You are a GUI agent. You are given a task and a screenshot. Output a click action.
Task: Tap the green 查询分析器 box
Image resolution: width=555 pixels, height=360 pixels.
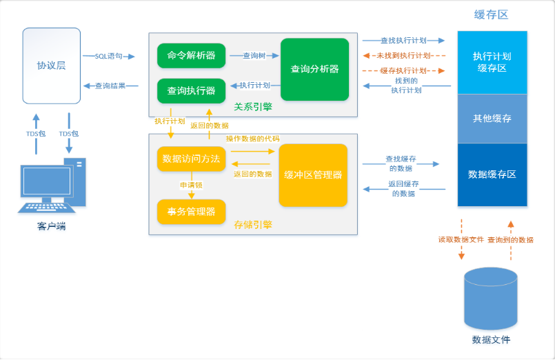pyautogui.click(x=314, y=69)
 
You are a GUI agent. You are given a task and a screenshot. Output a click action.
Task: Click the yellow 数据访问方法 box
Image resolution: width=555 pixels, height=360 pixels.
pyautogui.click(x=191, y=159)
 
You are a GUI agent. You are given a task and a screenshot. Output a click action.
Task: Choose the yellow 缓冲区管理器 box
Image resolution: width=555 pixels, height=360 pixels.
pyautogui.click(x=313, y=174)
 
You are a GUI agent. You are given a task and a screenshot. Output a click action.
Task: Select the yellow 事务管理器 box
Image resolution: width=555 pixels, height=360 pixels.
pyautogui.click(x=191, y=211)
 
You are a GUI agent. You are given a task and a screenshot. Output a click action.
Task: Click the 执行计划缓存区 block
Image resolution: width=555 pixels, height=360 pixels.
pyautogui.click(x=492, y=62)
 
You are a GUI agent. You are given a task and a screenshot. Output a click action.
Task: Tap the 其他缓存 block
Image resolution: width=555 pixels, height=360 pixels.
pyautogui.click(x=492, y=119)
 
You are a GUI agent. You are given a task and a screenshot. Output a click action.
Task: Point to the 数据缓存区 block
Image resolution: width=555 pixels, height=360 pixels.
pyautogui.click(x=492, y=174)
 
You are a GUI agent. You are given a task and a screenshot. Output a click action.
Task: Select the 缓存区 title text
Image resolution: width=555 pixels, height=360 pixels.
pyautogui.click(x=492, y=14)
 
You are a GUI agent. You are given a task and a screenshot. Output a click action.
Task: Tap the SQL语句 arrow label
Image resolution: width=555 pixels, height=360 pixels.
pyautogui.click(x=108, y=56)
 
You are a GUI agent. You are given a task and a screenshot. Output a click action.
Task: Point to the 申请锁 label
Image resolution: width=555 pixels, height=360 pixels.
pyautogui.click(x=191, y=185)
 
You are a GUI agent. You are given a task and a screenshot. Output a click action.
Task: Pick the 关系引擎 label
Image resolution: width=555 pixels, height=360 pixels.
pyautogui.click(x=252, y=107)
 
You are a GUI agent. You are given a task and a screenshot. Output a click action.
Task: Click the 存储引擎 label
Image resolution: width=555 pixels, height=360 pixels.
pyautogui.click(x=252, y=224)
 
